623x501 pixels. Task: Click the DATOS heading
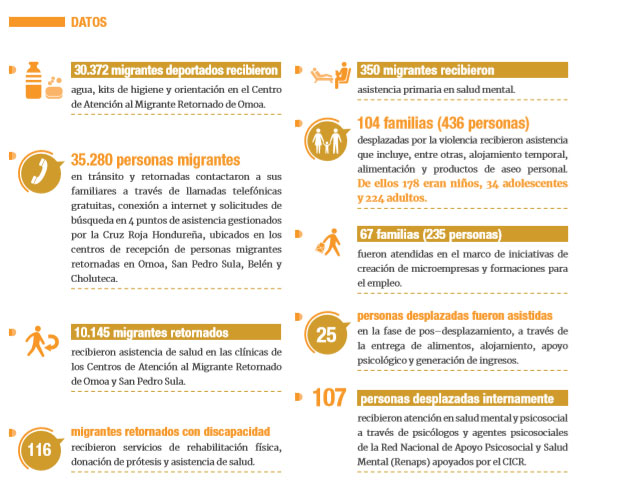click(89, 22)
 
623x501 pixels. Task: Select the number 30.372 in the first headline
click(95, 70)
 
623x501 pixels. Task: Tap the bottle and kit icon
click(38, 80)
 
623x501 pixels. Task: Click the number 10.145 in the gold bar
click(96, 332)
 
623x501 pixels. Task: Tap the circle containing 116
click(39, 449)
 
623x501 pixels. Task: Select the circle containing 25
click(327, 334)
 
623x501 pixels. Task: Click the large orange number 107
click(328, 398)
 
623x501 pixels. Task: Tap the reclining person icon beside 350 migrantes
click(327, 73)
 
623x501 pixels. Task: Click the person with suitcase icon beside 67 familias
click(327, 241)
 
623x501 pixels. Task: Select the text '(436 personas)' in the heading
click(485, 124)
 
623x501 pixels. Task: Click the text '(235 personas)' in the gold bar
click(459, 235)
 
